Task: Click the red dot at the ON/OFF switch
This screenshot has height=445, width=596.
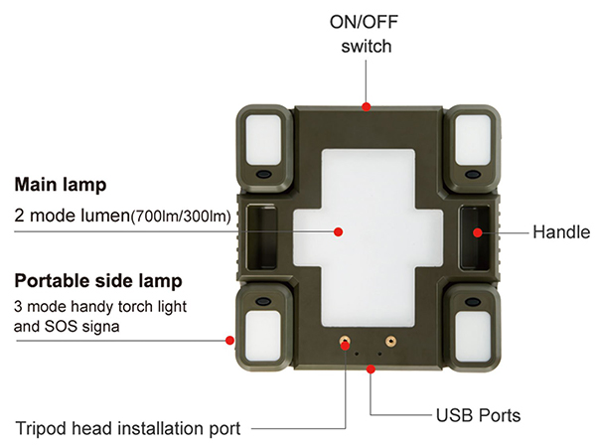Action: (x=366, y=107)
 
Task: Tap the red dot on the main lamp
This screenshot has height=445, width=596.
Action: (x=338, y=231)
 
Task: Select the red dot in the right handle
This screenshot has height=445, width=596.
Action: (x=478, y=232)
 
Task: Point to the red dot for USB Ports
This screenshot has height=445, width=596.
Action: (x=371, y=369)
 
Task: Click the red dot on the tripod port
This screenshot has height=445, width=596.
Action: (x=345, y=346)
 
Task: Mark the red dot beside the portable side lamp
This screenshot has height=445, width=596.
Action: (x=229, y=340)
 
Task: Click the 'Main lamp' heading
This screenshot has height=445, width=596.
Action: (x=61, y=185)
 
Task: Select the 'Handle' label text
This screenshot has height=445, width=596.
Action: (x=561, y=232)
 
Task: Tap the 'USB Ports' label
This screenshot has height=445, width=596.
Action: (x=478, y=415)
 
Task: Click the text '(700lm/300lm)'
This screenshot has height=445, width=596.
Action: (x=181, y=217)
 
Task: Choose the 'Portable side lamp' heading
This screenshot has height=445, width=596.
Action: (x=98, y=281)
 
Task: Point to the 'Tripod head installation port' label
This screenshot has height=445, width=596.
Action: (x=128, y=429)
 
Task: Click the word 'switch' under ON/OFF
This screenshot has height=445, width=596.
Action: (x=366, y=47)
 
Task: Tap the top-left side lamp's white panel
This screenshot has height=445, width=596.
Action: (x=263, y=140)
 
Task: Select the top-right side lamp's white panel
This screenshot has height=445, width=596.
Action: (x=473, y=140)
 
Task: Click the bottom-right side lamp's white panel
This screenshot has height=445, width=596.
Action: (x=473, y=336)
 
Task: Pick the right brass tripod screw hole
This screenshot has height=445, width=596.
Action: (x=390, y=341)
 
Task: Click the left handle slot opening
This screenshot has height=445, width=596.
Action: (x=261, y=237)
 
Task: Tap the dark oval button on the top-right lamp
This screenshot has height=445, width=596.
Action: (x=473, y=175)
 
